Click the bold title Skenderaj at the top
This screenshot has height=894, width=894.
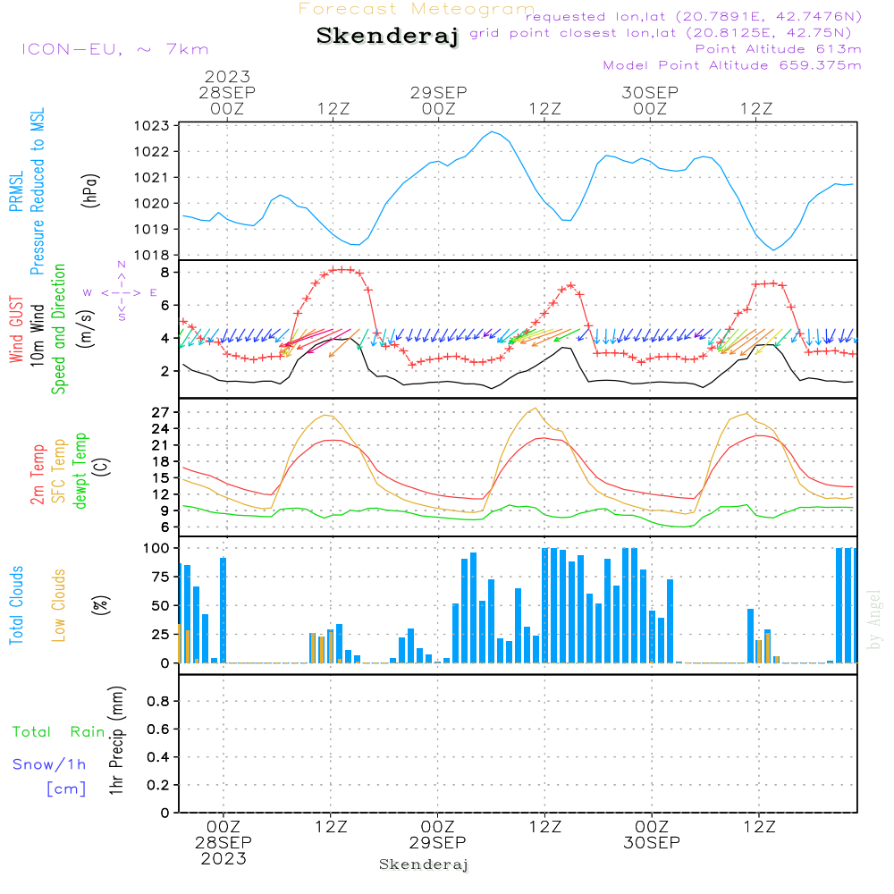coord(387,36)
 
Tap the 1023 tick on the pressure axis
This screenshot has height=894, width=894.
coord(151,126)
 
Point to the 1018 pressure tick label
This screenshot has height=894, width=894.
coord(151,256)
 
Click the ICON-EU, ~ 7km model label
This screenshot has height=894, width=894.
coord(115,49)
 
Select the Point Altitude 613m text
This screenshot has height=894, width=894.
coord(778,49)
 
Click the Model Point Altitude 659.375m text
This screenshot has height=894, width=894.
coord(732,65)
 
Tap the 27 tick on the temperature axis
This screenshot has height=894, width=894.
coord(160,412)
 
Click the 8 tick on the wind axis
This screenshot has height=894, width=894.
coord(164,273)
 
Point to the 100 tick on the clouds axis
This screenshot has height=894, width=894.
coord(156,548)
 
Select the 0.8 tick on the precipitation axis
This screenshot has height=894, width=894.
coord(158,701)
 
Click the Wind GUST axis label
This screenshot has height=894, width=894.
coord(16,329)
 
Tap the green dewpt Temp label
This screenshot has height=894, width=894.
coord(80,470)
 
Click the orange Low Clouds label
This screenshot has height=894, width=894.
coord(58,605)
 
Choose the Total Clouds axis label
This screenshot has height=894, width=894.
coord(16,605)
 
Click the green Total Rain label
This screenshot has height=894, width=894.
coord(59,732)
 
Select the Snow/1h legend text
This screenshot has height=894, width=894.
coord(49,764)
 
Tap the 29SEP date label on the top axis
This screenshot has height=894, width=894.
coord(438,92)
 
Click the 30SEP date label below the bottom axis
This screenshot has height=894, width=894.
coord(652,843)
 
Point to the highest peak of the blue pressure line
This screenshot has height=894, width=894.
coord(492,131)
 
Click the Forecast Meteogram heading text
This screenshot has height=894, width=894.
coord(417,9)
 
